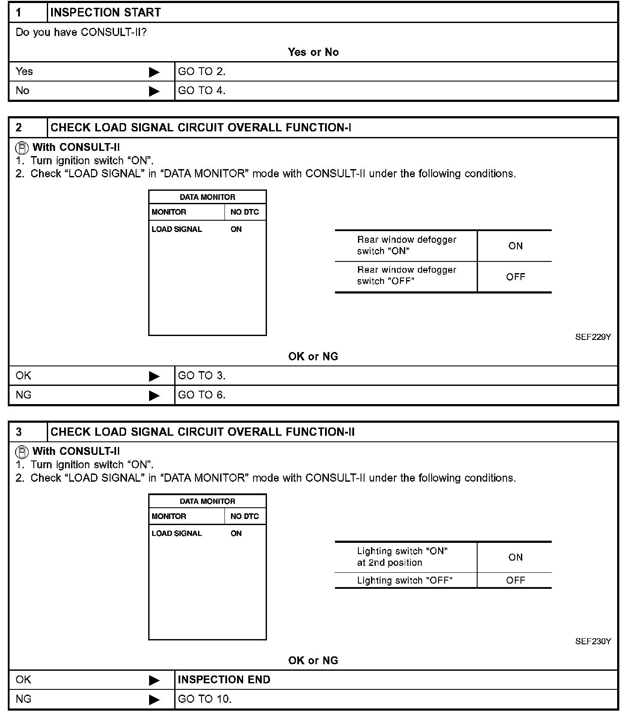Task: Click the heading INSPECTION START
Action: click(x=105, y=13)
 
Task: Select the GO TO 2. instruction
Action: click(x=202, y=72)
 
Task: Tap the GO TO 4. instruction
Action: click(x=202, y=91)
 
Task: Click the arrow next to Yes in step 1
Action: click(x=154, y=72)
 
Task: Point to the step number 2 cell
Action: click(x=28, y=127)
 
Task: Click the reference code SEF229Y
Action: click(x=593, y=337)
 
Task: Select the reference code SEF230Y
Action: click(x=593, y=641)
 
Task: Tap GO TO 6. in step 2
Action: click(x=202, y=395)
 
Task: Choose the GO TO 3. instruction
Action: click(x=202, y=375)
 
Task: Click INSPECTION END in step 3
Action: click(x=224, y=680)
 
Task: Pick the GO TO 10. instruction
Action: click(x=205, y=699)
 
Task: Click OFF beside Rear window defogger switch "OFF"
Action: click(x=515, y=277)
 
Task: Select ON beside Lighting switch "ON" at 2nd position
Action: click(x=515, y=557)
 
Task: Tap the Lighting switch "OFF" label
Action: click(x=404, y=581)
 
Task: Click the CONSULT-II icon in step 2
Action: click(x=22, y=148)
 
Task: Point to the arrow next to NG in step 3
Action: click(x=154, y=699)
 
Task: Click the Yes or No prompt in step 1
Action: click(x=313, y=52)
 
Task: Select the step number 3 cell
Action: click(x=28, y=432)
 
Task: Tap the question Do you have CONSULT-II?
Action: click(x=81, y=33)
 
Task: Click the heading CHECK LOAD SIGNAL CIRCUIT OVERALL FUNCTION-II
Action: click(x=202, y=432)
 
